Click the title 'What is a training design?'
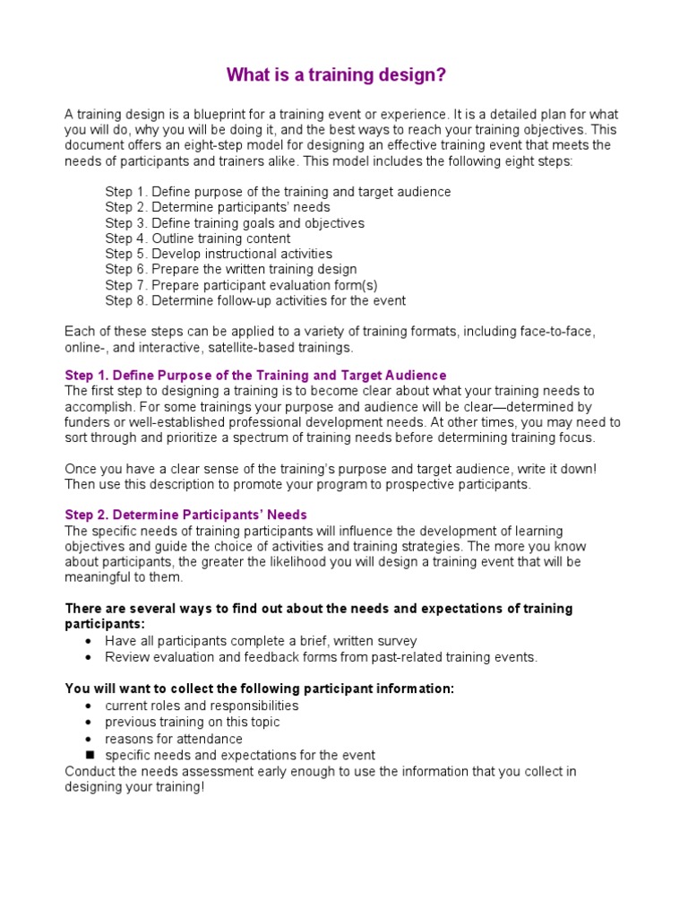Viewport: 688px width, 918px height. coord(336,75)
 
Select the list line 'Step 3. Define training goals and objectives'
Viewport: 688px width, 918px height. coord(235,223)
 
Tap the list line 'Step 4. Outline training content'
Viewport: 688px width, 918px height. coord(197,238)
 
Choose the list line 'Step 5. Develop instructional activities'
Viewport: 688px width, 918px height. coord(219,254)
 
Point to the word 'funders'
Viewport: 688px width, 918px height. coord(87,421)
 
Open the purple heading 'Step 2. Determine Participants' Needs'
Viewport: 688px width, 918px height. coord(185,515)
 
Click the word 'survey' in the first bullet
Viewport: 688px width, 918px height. coord(398,641)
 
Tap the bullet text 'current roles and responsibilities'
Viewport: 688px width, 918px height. coord(202,706)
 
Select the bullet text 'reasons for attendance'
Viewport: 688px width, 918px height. coord(174,739)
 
